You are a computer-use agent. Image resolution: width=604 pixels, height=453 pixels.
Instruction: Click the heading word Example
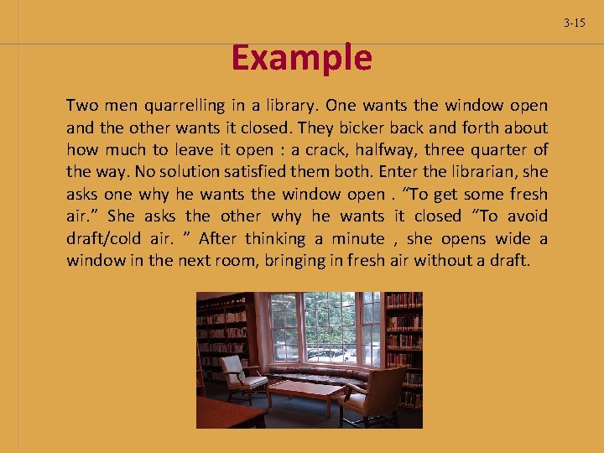pyautogui.click(x=301, y=59)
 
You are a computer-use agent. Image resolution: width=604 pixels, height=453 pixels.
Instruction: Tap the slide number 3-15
pyautogui.click(x=575, y=23)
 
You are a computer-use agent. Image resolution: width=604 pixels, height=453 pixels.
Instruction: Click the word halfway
pyautogui.click(x=374, y=149)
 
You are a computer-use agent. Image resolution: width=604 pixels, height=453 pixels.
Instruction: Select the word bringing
pyautogui.click(x=296, y=260)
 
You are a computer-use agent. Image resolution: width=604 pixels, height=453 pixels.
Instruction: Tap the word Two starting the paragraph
pyautogui.click(x=82, y=106)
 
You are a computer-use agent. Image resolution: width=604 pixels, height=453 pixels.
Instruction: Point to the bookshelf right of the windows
pyautogui.click(x=403, y=336)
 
